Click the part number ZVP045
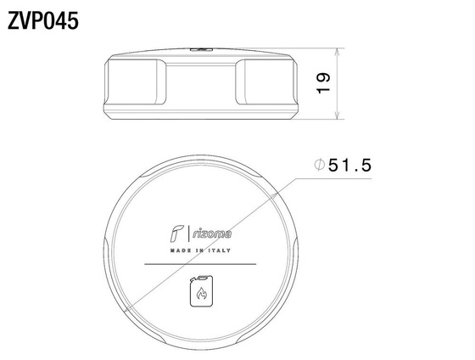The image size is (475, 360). click(x=43, y=21)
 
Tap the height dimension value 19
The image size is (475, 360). click(x=323, y=83)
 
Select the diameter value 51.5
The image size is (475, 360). click(x=349, y=166)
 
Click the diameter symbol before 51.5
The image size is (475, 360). click(x=319, y=165)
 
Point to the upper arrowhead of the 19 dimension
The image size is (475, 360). click(x=338, y=53)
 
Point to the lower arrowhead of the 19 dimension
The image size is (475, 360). click(x=338, y=115)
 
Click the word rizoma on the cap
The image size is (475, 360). click(x=212, y=233)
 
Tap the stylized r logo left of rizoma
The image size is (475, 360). click(x=176, y=233)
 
